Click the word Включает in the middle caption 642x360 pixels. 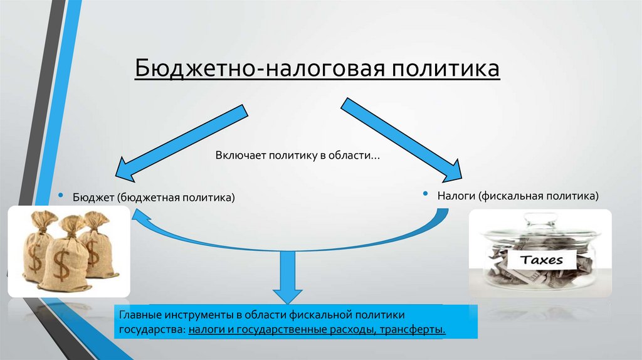coord(241,155)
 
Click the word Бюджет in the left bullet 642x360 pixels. coord(92,198)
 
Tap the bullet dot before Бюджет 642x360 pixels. coord(61,196)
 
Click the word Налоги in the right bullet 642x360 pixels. coord(457,196)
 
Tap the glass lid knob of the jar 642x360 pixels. coord(540,219)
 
